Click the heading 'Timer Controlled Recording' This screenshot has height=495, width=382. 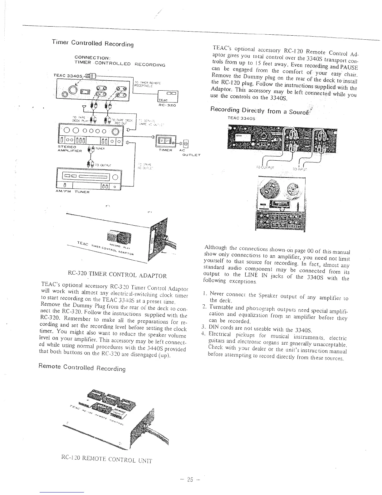tap(93, 43)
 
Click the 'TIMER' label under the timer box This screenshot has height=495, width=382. tap(166, 150)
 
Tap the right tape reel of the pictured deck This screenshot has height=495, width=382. tap(293, 188)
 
